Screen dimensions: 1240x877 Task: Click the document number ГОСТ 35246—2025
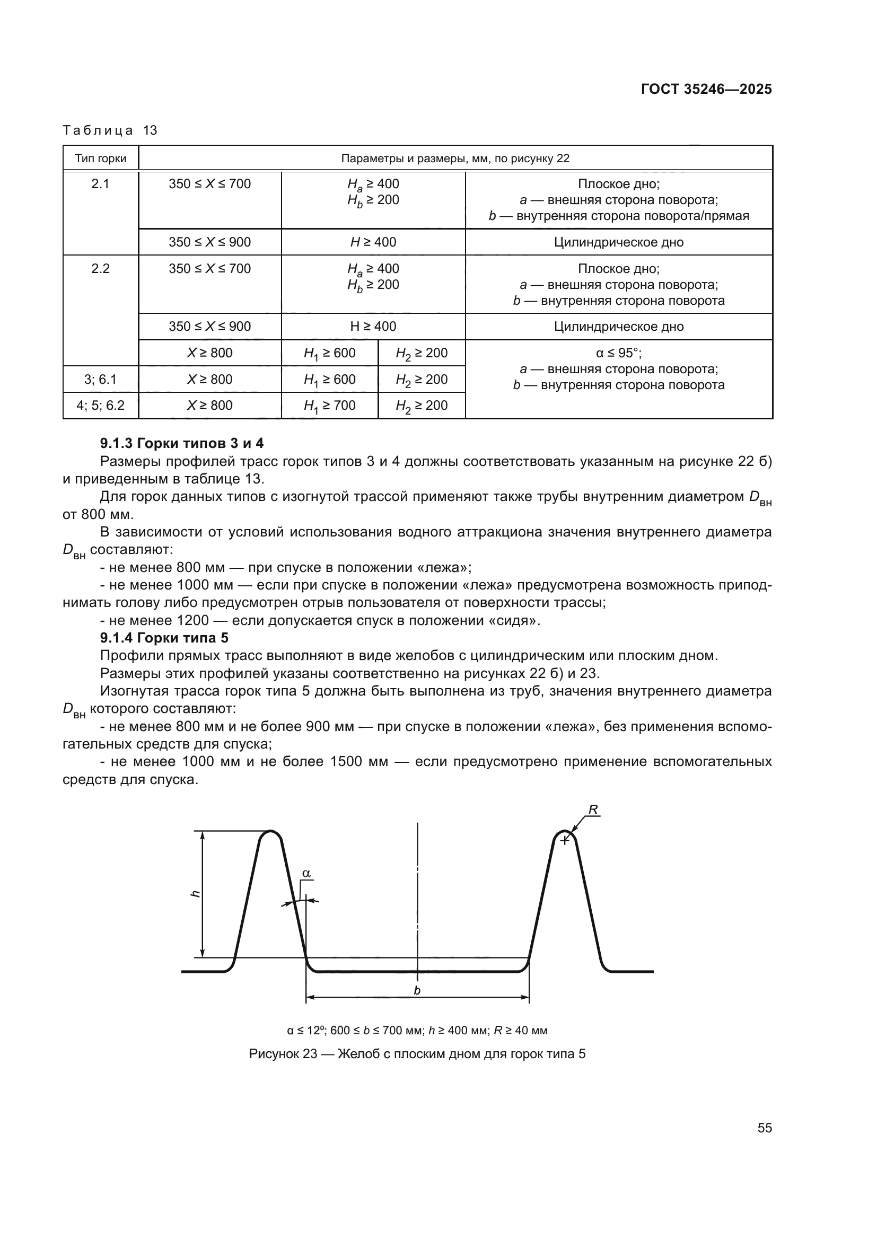point(706,89)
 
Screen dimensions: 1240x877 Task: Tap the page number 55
point(764,1128)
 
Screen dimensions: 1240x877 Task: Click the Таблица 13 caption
point(110,130)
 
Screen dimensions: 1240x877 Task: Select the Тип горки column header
point(100,158)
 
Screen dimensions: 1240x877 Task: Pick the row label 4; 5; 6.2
point(100,406)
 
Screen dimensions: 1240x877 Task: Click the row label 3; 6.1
point(100,379)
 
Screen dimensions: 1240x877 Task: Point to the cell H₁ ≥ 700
point(329,406)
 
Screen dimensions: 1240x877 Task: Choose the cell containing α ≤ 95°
point(618,353)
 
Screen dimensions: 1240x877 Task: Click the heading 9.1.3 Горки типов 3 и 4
point(181,443)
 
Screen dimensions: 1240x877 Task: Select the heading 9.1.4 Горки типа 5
point(164,638)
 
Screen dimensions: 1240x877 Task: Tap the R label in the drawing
point(593,810)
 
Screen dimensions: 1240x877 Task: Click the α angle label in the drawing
point(306,873)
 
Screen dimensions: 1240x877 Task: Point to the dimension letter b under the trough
point(417,990)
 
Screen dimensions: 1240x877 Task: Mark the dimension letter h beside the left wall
point(196,894)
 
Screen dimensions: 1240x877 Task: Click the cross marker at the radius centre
point(564,840)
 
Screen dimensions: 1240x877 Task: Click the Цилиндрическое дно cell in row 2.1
point(618,242)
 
